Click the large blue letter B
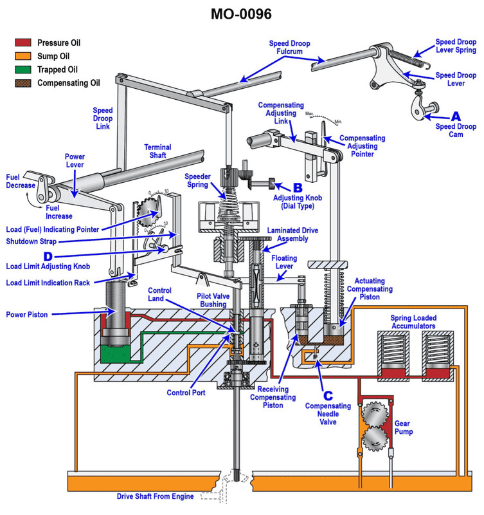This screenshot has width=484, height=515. coord(280,187)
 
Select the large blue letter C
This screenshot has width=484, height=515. coord(328,395)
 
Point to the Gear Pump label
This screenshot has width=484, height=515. coord(403,427)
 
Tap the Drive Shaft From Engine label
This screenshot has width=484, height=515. coord(159,496)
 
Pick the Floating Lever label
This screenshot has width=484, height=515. coord(285,261)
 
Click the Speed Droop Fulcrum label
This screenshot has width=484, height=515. coord(289,47)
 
